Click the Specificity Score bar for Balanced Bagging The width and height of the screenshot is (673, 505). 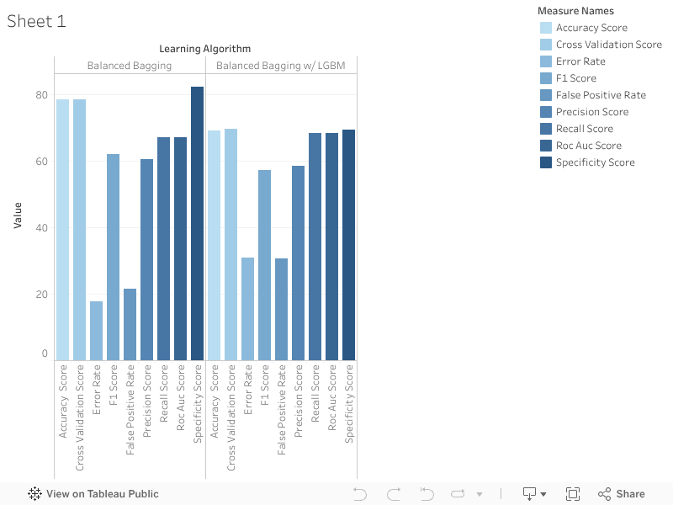pyautogui.click(x=197, y=224)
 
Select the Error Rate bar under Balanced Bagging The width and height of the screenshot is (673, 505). pyautogui.click(x=96, y=331)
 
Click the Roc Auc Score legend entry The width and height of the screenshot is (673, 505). pyautogui.click(x=588, y=146)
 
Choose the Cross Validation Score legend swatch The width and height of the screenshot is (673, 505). pyautogui.click(x=546, y=45)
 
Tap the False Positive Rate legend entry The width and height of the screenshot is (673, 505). pyautogui.click(x=601, y=95)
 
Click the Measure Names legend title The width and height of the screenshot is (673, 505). pyautogui.click(x=575, y=11)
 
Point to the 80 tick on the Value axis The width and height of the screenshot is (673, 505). pyautogui.click(x=41, y=95)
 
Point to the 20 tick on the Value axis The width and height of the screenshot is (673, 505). pyautogui.click(x=41, y=295)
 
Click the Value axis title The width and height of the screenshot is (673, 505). pyautogui.click(x=18, y=215)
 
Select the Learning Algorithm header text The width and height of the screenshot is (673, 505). pyautogui.click(x=204, y=49)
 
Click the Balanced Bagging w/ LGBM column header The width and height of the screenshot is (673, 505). pyautogui.click(x=281, y=66)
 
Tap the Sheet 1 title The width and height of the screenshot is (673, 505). pyautogui.click(x=36, y=22)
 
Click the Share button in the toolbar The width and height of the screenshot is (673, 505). pyautogui.click(x=621, y=494)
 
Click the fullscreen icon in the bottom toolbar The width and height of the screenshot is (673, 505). pyautogui.click(x=573, y=494)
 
